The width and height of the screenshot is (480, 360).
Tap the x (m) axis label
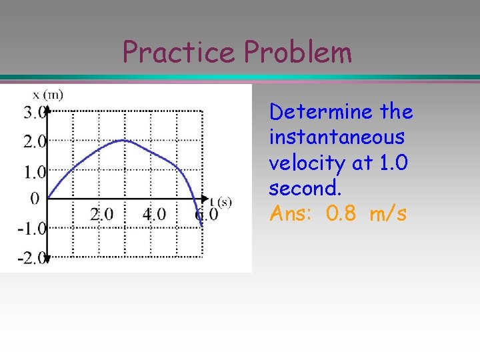click(x=47, y=95)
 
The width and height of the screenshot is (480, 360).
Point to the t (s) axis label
click(x=220, y=201)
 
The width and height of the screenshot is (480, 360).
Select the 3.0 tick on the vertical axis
click(x=34, y=112)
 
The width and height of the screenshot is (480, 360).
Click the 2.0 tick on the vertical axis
click(x=34, y=141)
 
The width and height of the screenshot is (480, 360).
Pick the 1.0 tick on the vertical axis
click(x=34, y=172)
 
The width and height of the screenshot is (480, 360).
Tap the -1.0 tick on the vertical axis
click(x=31, y=229)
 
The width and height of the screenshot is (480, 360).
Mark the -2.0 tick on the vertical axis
click(x=31, y=258)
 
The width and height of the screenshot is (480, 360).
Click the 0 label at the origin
click(x=35, y=199)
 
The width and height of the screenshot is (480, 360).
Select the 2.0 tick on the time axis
click(x=101, y=215)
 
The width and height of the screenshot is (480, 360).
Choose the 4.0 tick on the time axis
click(x=154, y=215)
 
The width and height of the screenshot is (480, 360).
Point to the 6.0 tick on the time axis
click(x=207, y=215)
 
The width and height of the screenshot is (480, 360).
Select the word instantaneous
click(x=337, y=137)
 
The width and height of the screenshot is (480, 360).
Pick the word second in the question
click(x=305, y=189)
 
